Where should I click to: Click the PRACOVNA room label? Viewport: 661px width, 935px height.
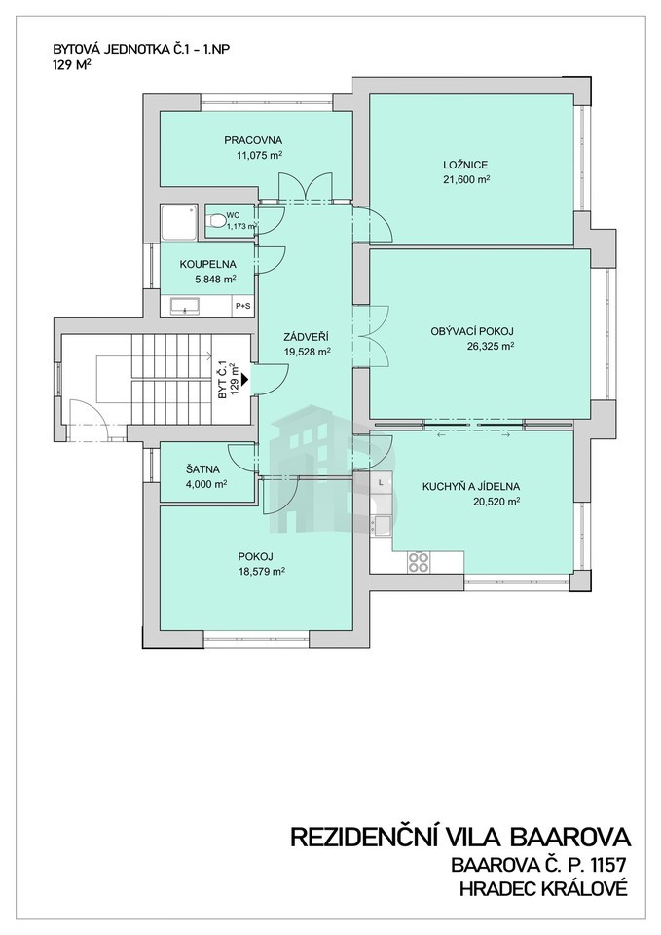(253, 140)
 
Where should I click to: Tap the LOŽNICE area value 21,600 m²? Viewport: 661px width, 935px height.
(466, 179)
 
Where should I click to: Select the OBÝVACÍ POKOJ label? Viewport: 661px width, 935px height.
(472, 331)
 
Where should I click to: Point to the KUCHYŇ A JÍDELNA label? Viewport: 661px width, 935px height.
(471, 487)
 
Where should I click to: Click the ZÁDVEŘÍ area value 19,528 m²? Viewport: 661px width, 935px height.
(307, 352)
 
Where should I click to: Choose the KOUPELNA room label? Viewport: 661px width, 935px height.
(208, 264)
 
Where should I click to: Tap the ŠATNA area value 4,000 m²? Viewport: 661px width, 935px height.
(202, 484)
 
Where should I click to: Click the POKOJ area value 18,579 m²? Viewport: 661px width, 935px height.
(261, 572)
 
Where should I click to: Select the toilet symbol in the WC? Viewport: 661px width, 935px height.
(216, 222)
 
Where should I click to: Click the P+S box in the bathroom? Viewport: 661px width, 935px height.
(242, 306)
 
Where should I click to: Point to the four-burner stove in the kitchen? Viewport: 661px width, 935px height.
(419, 561)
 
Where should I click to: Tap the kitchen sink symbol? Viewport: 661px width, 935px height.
(382, 526)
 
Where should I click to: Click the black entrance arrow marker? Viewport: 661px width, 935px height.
(244, 379)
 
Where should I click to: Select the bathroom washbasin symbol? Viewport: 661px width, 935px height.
(186, 306)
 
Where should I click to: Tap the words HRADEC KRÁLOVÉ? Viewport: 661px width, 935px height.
(543, 889)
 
